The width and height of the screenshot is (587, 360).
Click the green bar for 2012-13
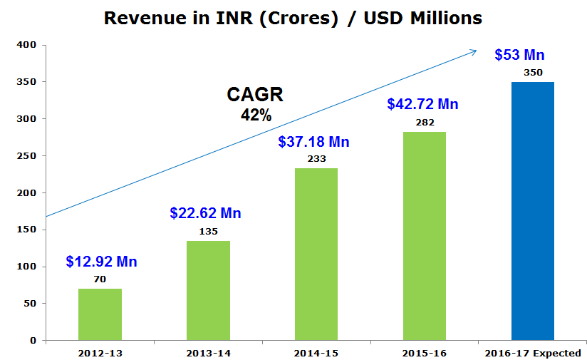tap(100, 314)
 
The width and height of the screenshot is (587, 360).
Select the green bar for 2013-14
tap(208, 290)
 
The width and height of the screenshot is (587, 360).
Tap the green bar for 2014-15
tap(316, 254)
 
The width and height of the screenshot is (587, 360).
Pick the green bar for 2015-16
tap(424, 236)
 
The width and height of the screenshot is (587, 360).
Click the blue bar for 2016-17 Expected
tap(533, 211)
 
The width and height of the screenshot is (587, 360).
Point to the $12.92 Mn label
tap(101, 262)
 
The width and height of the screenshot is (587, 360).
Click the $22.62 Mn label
tap(205, 213)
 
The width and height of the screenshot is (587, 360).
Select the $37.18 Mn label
tap(313, 142)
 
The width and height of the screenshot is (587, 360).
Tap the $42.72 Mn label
tap(422, 104)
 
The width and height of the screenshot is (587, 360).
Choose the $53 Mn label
tap(520, 55)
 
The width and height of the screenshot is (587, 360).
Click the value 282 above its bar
tap(425, 122)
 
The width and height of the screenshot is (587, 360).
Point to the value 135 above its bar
tap(208, 231)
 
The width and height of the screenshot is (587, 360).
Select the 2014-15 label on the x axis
tap(316, 353)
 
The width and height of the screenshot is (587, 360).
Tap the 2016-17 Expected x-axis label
tap(533, 353)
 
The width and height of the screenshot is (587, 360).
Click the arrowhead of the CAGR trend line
tap(474, 51)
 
